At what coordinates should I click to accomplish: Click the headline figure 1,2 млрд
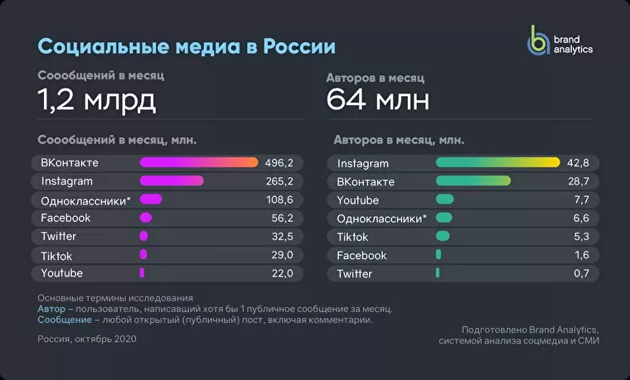[x=96, y=100]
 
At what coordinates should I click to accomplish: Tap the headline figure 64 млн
[x=378, y=99]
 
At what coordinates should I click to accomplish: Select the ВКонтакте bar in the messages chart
[x=199, y=162]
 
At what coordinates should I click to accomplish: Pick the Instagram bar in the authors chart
[x=498, y=162]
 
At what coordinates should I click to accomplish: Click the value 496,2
[x=279, y=163]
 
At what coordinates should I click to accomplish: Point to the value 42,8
[x=578, y=163]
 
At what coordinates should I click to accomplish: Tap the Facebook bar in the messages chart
[x=146, y=218]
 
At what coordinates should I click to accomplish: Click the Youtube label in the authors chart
[x=357, y=200]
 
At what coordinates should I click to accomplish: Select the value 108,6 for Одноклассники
[x=279, y=200]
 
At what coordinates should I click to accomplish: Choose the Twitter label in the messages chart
[x=58, y=236]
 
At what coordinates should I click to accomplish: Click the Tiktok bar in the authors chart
[x=443, y=236]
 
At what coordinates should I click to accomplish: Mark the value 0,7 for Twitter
[x=581, y=274]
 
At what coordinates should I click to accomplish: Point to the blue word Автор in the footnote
[x=51, y=309]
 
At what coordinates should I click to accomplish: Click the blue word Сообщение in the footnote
[x=65, y=320]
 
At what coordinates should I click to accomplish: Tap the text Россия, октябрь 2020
[x=87, y=339]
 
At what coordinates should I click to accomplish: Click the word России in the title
[x=299, y=46]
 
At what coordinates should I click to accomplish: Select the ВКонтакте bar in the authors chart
[x=473, y=180]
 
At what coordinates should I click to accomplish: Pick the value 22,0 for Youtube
[x=282, y=274]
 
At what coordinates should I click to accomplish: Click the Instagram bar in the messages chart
[x=172, y=180]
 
